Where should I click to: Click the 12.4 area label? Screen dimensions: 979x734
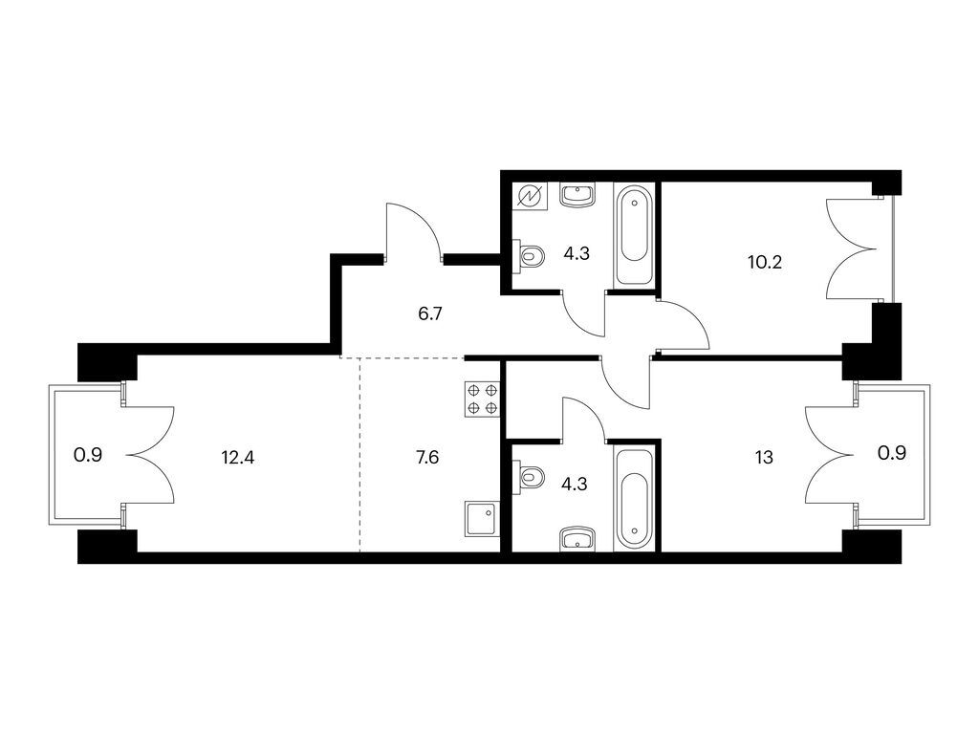[238, 458]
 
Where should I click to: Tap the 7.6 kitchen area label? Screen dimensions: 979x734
[427, 458]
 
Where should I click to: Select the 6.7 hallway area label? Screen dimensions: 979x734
[430, 313]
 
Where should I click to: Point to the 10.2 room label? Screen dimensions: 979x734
[765, 262]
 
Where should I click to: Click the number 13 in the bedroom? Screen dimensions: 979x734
[764, 458]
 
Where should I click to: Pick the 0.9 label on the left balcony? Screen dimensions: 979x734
[87, 455]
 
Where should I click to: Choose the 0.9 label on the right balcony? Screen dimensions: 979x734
[892, 453]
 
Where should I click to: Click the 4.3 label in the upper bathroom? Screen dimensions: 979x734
[577, 253]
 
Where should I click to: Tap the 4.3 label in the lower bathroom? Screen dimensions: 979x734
[574, 484]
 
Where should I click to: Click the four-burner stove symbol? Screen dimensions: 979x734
[483, 399]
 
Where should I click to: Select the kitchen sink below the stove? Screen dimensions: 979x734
[482, 519]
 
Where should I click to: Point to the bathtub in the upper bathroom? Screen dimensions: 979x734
[635, 235]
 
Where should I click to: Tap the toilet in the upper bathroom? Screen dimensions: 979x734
[529, 256]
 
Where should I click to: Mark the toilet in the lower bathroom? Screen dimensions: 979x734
[529, 478]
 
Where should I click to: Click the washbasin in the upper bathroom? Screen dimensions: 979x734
[577, 195]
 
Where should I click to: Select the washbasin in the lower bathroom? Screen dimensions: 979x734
[577, 539]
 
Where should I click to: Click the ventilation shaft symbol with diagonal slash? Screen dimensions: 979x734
[530, 197]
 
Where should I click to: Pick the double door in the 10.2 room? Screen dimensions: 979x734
[851, 248]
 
